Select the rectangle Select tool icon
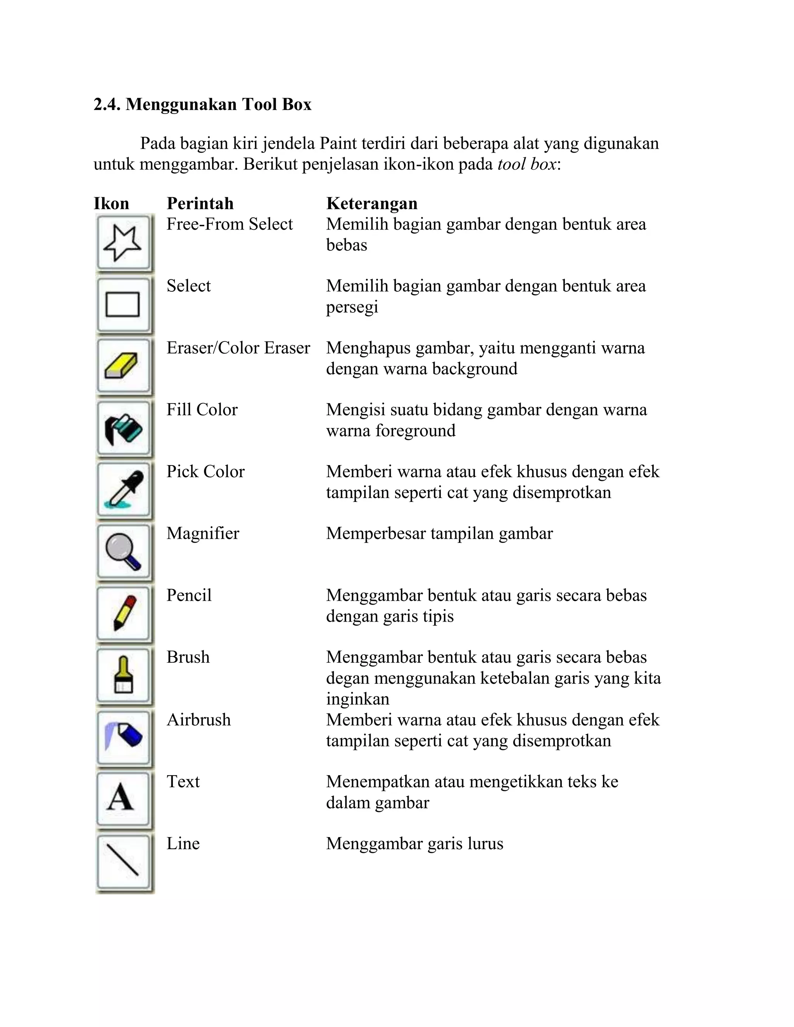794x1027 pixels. (x=123, y=304)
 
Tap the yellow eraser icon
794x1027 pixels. (x=123, y=366)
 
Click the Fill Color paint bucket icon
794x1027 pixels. (x=123, y=428)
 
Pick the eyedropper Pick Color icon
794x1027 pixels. (x=123, y=490)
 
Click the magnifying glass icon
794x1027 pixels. (x=123, y=551)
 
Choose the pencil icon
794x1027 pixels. (x=123, y=613)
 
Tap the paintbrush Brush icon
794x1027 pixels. (x=123, y=675)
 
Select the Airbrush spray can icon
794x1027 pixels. (x=123, y=737)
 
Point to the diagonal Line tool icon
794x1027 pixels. (x=123, y=860)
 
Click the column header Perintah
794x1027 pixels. (x=200, y=203)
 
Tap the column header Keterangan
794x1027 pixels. (x=371, y=203)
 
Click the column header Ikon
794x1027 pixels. (x=111, y=203)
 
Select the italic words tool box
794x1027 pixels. (x=526, y=164)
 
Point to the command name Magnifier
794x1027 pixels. (x=203, y=533)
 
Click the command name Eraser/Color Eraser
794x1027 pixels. (x=238, y=348)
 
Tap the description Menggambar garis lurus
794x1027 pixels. (x=414, y=844)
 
